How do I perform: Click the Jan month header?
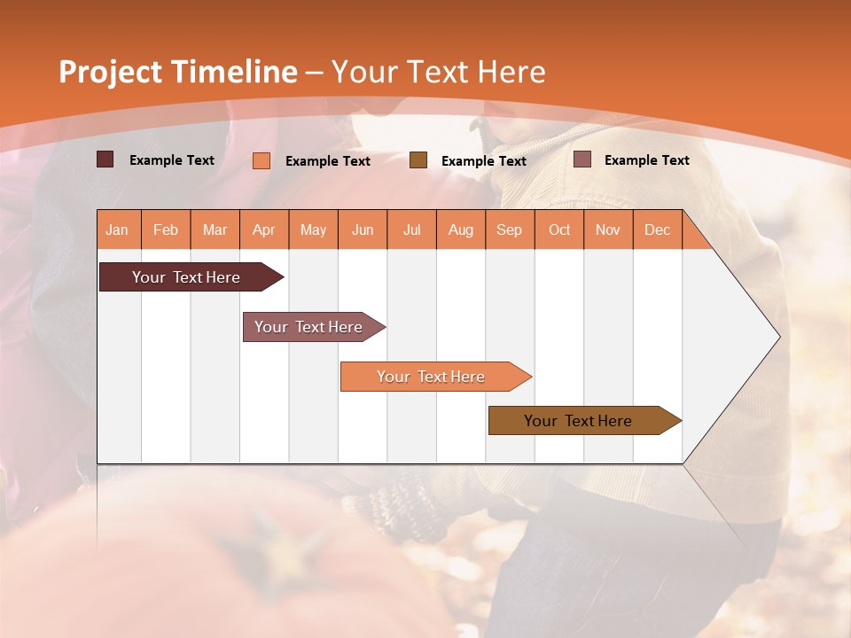(x=118, y=230)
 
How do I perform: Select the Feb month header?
(x=166, y=230)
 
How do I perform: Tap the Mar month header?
(x=215, y=230)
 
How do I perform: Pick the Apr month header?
(x=264, y=230)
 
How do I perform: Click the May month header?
(x=313, y=230)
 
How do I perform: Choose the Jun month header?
(x=363, y=230)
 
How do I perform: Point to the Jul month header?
(x=411, y=230)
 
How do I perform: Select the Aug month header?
(x=461, y=230)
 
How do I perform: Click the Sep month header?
(x=510, y=230)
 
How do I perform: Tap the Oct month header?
(x=559, y=230)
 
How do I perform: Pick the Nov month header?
(x=608, y=230)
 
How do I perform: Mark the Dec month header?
(x=658, y=230)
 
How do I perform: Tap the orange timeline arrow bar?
(x=432, y=377)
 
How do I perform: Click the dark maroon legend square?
(x=105, y=159)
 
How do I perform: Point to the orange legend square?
(x=262, y=160)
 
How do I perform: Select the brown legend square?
(x=418, y=159)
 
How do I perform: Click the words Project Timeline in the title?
(x=177, y=72)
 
